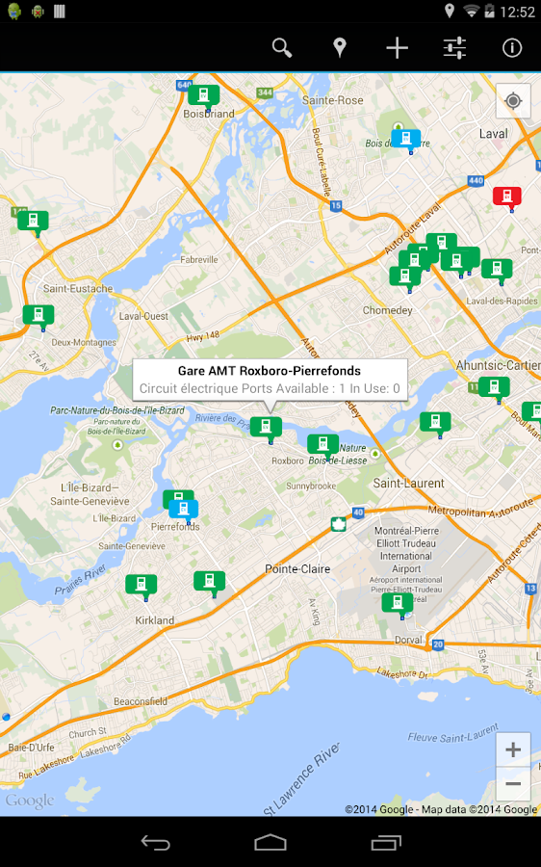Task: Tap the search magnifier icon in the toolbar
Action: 281,47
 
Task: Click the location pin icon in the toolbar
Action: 339,47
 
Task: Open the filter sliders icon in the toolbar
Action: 454,47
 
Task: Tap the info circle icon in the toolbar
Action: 512,47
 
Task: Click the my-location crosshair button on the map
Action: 513,101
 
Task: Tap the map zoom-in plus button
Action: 513,750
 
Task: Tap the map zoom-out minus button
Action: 513,784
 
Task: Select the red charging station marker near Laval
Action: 506,197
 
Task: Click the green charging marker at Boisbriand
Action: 203,95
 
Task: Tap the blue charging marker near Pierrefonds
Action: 184,509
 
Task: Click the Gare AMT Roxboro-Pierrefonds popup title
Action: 270,371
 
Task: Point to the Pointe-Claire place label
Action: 297,569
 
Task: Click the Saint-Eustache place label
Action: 78,288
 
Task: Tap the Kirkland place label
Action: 155,620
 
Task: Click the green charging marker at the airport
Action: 397,603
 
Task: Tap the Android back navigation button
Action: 155,843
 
